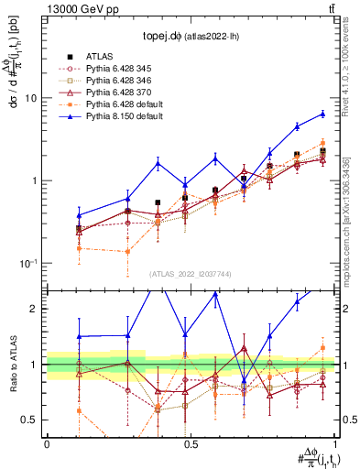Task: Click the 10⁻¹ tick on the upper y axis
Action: pyautogui.click(x=31, y=264)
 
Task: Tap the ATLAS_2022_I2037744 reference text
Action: pyautogui.click(x=191, y=274)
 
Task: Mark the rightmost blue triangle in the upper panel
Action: pyautogui.click(x=322, y=114)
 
